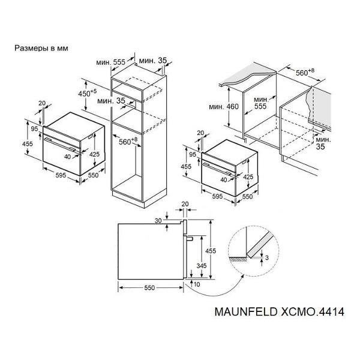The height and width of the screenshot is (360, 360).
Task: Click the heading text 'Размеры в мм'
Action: tap(41, 49)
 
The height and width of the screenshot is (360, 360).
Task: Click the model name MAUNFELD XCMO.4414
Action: tap(280, 312)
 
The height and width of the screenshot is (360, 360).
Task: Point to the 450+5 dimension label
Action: tap(88, 93)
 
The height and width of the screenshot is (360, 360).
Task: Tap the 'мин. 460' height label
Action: tap(224, 107)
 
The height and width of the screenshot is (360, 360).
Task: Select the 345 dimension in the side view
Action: tap(202, 266)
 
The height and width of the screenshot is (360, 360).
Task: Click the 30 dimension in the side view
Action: tap(158, 221)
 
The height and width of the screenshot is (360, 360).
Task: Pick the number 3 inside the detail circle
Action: tap(267, 258)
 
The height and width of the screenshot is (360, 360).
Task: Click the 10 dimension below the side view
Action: tap(197, 284)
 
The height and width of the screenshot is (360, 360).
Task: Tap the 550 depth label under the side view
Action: tap(149, 287)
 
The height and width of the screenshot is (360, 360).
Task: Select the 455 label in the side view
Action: tap(211, 251)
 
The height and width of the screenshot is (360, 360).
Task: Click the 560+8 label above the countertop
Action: tap(305, 72)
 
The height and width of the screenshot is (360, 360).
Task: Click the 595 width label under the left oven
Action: tap(61, 175)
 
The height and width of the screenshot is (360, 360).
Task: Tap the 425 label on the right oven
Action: tap(248, 177)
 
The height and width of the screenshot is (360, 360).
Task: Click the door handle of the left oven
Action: tap(59, 145)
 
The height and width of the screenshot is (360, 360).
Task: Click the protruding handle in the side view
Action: tap(189, 239)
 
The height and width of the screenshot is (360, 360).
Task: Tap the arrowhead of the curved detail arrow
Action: tap(242, 276)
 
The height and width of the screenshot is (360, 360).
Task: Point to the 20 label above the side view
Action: tap(185, 204)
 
